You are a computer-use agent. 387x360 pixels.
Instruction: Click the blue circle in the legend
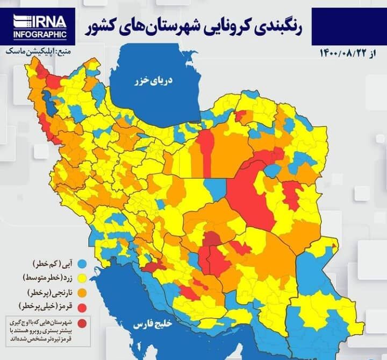click(82, 264)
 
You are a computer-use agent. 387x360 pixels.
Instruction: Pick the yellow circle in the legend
click(82, 278)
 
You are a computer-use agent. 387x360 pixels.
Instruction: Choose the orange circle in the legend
click(82, 293)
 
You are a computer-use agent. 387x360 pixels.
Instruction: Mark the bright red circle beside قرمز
click(82, 307)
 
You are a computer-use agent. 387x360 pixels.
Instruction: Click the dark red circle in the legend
click(82, 323)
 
